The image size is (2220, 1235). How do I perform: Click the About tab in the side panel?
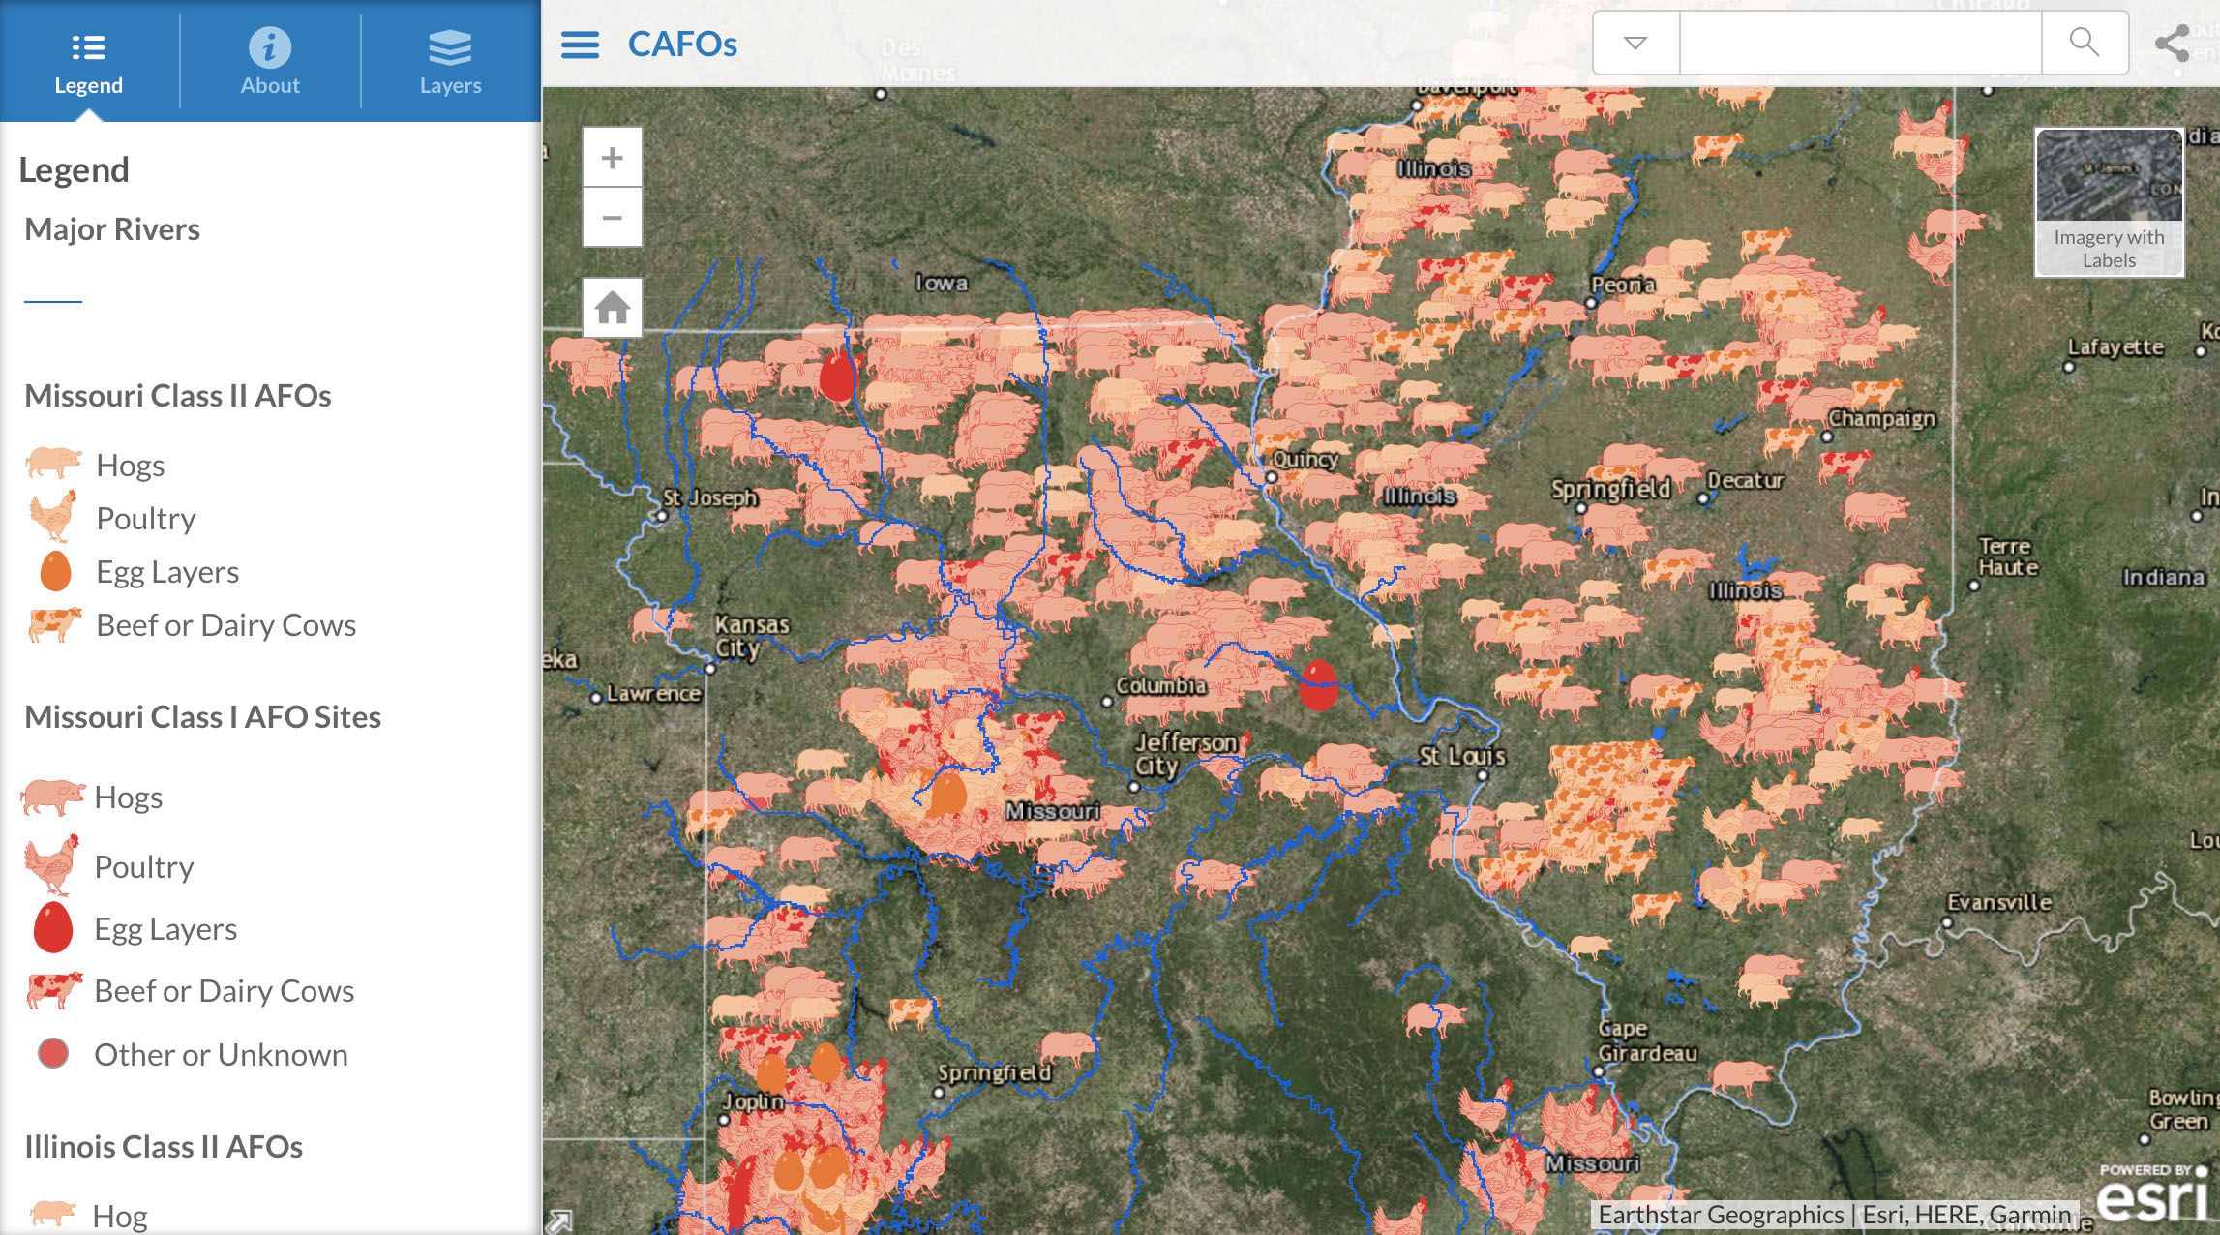tap(270, 61)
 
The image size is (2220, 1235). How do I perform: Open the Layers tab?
tap(450, 61)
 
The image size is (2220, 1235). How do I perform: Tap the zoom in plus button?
tap(612, 158)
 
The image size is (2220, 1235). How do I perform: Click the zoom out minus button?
tap(612, 218)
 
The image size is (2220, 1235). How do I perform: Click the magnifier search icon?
tap(2084, 43)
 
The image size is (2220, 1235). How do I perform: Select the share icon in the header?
tap(2173, 44)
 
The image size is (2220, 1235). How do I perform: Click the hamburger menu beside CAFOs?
tap(580, 45)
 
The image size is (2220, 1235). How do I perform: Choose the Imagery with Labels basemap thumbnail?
tap(2109, 201)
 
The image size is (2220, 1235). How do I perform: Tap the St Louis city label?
tap(1461, 755)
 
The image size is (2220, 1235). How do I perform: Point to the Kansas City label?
tap(752, 636)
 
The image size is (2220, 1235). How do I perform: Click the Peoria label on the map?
tap(1623, 285)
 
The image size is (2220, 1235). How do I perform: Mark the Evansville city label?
tap(1999, 902)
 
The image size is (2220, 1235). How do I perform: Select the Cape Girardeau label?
tap(1647, 1040)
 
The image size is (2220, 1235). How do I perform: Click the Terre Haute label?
tap(2007, 557)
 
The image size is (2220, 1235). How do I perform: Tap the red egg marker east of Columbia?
tap(1318, 685)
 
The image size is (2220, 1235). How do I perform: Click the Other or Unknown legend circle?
tap(53, 1053)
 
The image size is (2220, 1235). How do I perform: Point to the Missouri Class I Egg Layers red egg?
tap(53, 927)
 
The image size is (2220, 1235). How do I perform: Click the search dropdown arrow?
tap(1635, 43)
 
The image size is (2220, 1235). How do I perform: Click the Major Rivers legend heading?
tap(112, 229)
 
